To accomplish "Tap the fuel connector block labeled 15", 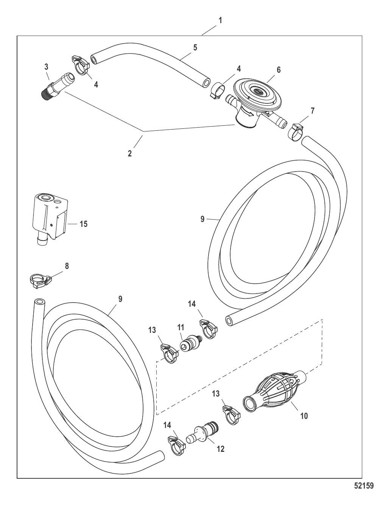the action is click(50, 219).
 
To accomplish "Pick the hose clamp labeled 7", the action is click(296, 132).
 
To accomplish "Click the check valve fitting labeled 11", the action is click(191, 344).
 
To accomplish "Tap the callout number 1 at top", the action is click(220, 20).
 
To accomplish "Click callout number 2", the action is click(129, 153).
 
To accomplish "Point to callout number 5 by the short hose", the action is click(195, 47).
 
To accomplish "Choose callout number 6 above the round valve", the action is click(279, 70).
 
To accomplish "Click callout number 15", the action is click(84, 224).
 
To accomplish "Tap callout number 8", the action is click(67, 266).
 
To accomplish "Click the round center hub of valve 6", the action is click(257, 91).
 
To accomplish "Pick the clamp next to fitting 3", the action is click(81, 66).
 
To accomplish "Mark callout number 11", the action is click(181, 327).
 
